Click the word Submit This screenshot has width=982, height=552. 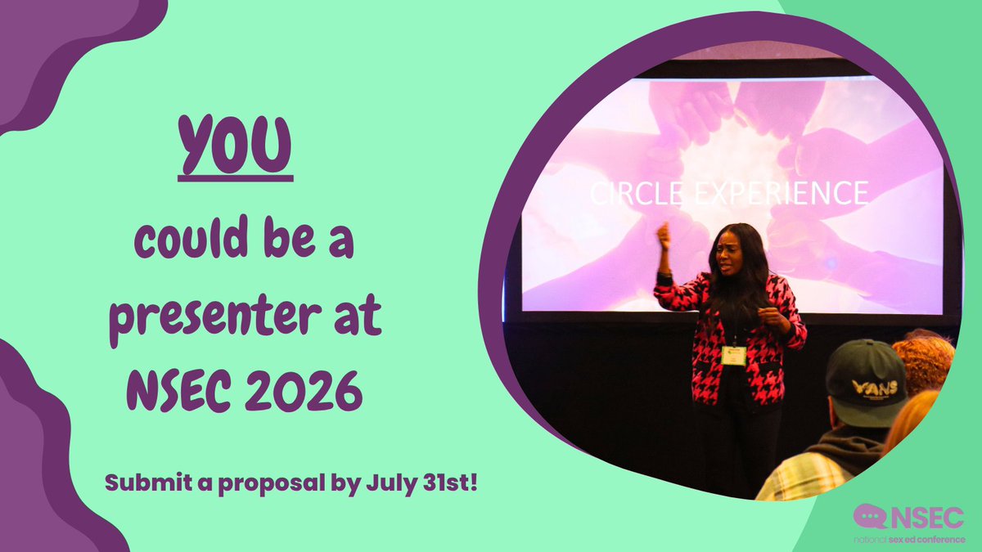[141, 482]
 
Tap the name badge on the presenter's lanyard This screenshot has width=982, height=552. [734, 356]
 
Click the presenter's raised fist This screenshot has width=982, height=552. [664, 235]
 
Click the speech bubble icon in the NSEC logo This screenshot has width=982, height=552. [870, 515]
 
